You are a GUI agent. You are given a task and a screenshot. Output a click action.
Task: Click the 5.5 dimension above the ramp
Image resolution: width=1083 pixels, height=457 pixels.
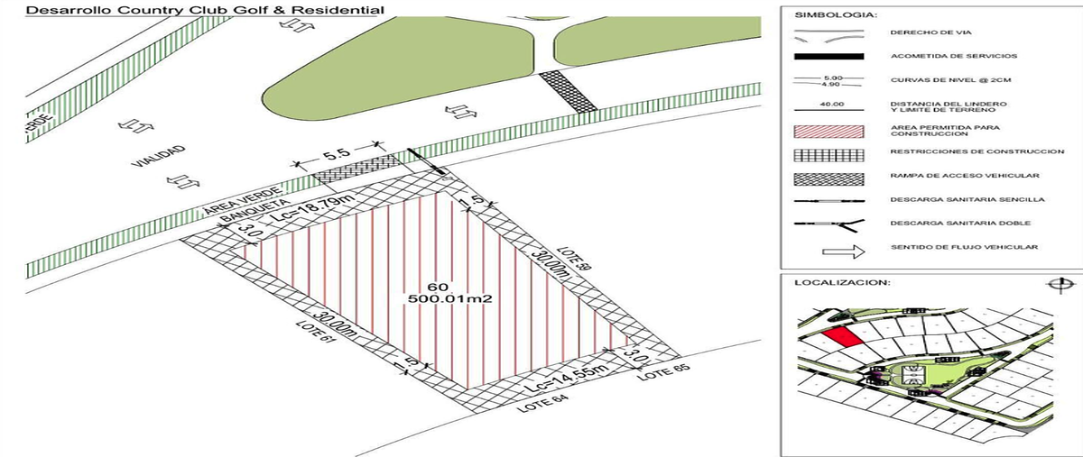click(338, 153)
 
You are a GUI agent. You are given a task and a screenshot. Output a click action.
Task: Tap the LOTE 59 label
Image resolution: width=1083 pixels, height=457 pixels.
click(574, 259)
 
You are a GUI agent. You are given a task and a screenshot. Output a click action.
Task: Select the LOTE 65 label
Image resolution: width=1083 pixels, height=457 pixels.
click(656, 372)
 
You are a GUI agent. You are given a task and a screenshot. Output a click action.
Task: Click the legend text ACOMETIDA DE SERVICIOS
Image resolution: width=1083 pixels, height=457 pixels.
click(947, 56)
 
